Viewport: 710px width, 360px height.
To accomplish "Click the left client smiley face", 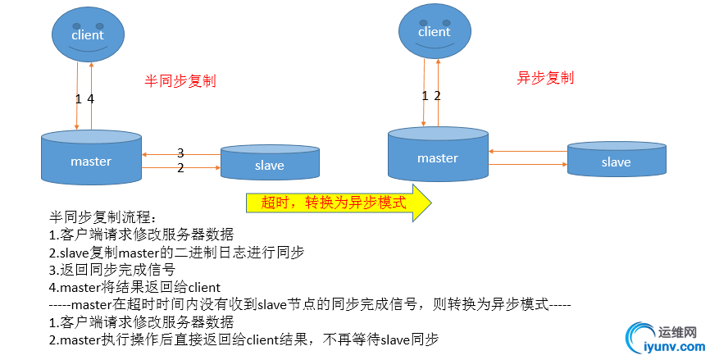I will pyautogui.click(x=87, y=34).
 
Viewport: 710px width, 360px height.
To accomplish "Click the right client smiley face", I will pyautogui.click(x=434, y=31).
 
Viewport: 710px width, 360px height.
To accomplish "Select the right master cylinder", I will pyautogui.click(x=437, y=156).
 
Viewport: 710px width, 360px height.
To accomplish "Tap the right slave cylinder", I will pyautogui.click(x=616, y=160).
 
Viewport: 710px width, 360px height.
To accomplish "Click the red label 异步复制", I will pyautogui.click(x=545, y=78).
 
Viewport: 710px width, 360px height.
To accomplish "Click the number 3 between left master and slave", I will pyautogui.click(x=180, y=153).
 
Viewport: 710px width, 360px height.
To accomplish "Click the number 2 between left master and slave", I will pyautogui.click(x=180, y=168).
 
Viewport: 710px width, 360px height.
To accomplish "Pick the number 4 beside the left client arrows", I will pyautogui.click(x=91, y=98).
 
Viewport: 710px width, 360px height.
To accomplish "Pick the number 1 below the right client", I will pyautogui.click(x=425, y=95).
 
